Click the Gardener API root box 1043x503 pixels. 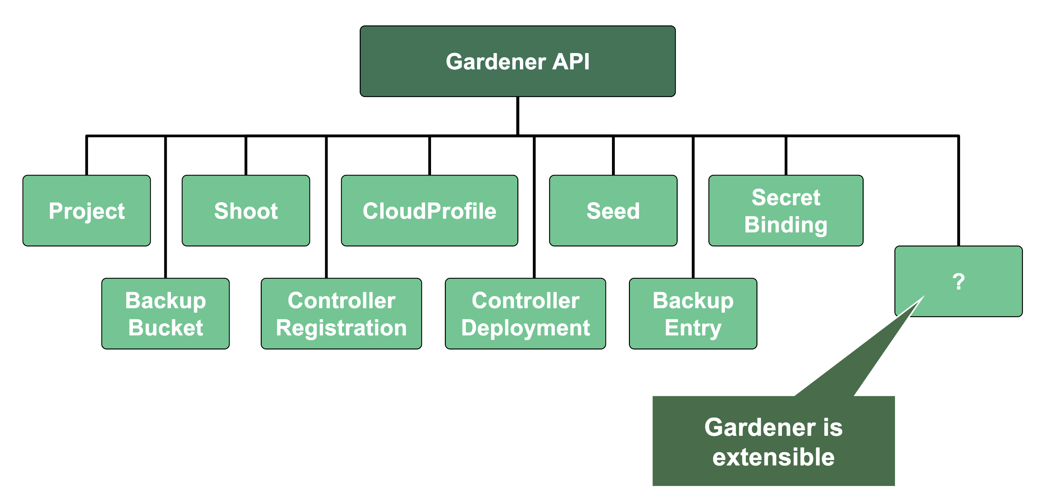(x=517, y=61)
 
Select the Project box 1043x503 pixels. (x=87, y=210)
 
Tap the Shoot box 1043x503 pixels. (x=246, y=210)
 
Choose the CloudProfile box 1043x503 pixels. (x=429, y=210)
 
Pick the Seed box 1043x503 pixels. (x=613, y=210)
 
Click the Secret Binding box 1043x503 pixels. (x=785, y=210)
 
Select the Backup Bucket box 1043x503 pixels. (x=165, y=314)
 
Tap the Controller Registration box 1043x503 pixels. (x=341, y=314)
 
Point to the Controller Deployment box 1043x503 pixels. (x=525, y=314)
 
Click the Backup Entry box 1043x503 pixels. (x=693, y=314)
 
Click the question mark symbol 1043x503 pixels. (x=958, y=282)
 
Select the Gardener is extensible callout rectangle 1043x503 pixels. (x=773, y=441)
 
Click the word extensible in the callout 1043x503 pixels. (x=773, y=457)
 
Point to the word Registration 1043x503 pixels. (x=341, y=328)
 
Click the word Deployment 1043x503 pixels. (x=525, y=328)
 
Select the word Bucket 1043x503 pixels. (x=165, y=328)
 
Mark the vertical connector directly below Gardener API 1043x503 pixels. (x=517, y=115)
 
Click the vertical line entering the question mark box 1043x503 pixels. (x=958, y=190)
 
